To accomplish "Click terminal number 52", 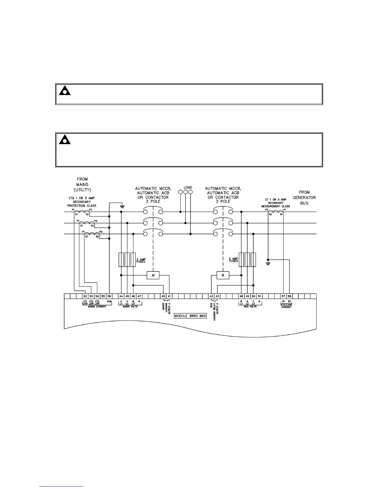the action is pos(85,296).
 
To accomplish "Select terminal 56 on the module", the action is pos(109,296).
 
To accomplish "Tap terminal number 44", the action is pos(121,296).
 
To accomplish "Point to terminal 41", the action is pos(169,296).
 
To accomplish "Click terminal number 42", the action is pos(212,296).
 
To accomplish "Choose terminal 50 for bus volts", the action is pos(253,296).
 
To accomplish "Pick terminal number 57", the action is pos(283,296).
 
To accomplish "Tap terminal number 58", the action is pos(289,296).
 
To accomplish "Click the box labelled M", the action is pos(153,275).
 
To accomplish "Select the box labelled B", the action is pos(223,275).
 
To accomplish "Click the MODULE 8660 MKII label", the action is pos(190,316).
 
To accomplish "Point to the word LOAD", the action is pos(188,187).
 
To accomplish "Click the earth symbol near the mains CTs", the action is pos(122,206).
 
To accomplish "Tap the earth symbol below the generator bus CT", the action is pos(268,263).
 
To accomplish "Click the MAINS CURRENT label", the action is pos(97,307).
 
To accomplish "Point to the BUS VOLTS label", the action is pos(250,307).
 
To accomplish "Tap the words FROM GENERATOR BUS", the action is pos(304,198).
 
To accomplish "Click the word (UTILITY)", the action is pos(82,190).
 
